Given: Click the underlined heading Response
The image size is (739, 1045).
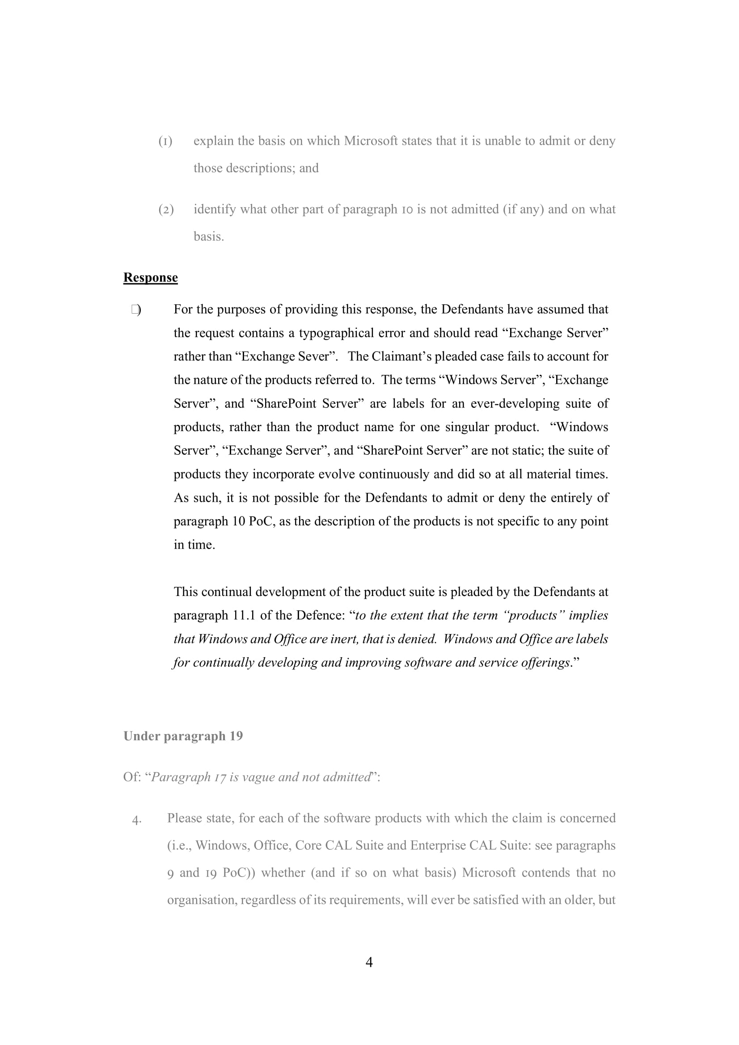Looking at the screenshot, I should click(150, 277).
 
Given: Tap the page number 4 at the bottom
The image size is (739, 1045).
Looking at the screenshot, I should click(369, 962).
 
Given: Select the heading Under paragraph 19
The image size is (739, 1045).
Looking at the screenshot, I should click(183, 736).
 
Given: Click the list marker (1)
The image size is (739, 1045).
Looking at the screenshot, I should click(165, 141).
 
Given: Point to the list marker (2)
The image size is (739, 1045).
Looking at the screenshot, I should click(166, 210).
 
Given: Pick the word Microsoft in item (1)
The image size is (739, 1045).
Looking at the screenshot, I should click(371, 141).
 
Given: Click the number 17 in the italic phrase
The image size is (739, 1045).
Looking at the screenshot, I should click(220, 777).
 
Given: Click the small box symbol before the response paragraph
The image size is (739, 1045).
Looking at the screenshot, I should click(135, 310).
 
